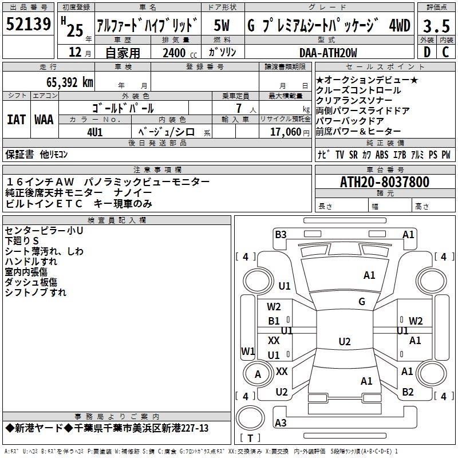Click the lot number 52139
(28, 23)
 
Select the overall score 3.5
(436, 26)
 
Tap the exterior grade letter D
(427, 52)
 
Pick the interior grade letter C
(445, 52)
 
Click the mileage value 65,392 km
(70, 82)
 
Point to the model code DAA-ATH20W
(328, 53)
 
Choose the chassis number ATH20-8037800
(385, 182)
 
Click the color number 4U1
(95, 132)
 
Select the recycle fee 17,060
(286, 132)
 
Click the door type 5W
(222, 25)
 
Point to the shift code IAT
(17, 120)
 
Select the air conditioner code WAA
(44, 120)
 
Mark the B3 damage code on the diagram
(281, 235)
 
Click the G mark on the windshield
(362, 302)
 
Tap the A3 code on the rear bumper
(281, 423)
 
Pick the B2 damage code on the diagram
(408, 392)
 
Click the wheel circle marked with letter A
(258, 374)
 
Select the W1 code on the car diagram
(248, 351)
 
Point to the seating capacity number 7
(239, 108)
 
